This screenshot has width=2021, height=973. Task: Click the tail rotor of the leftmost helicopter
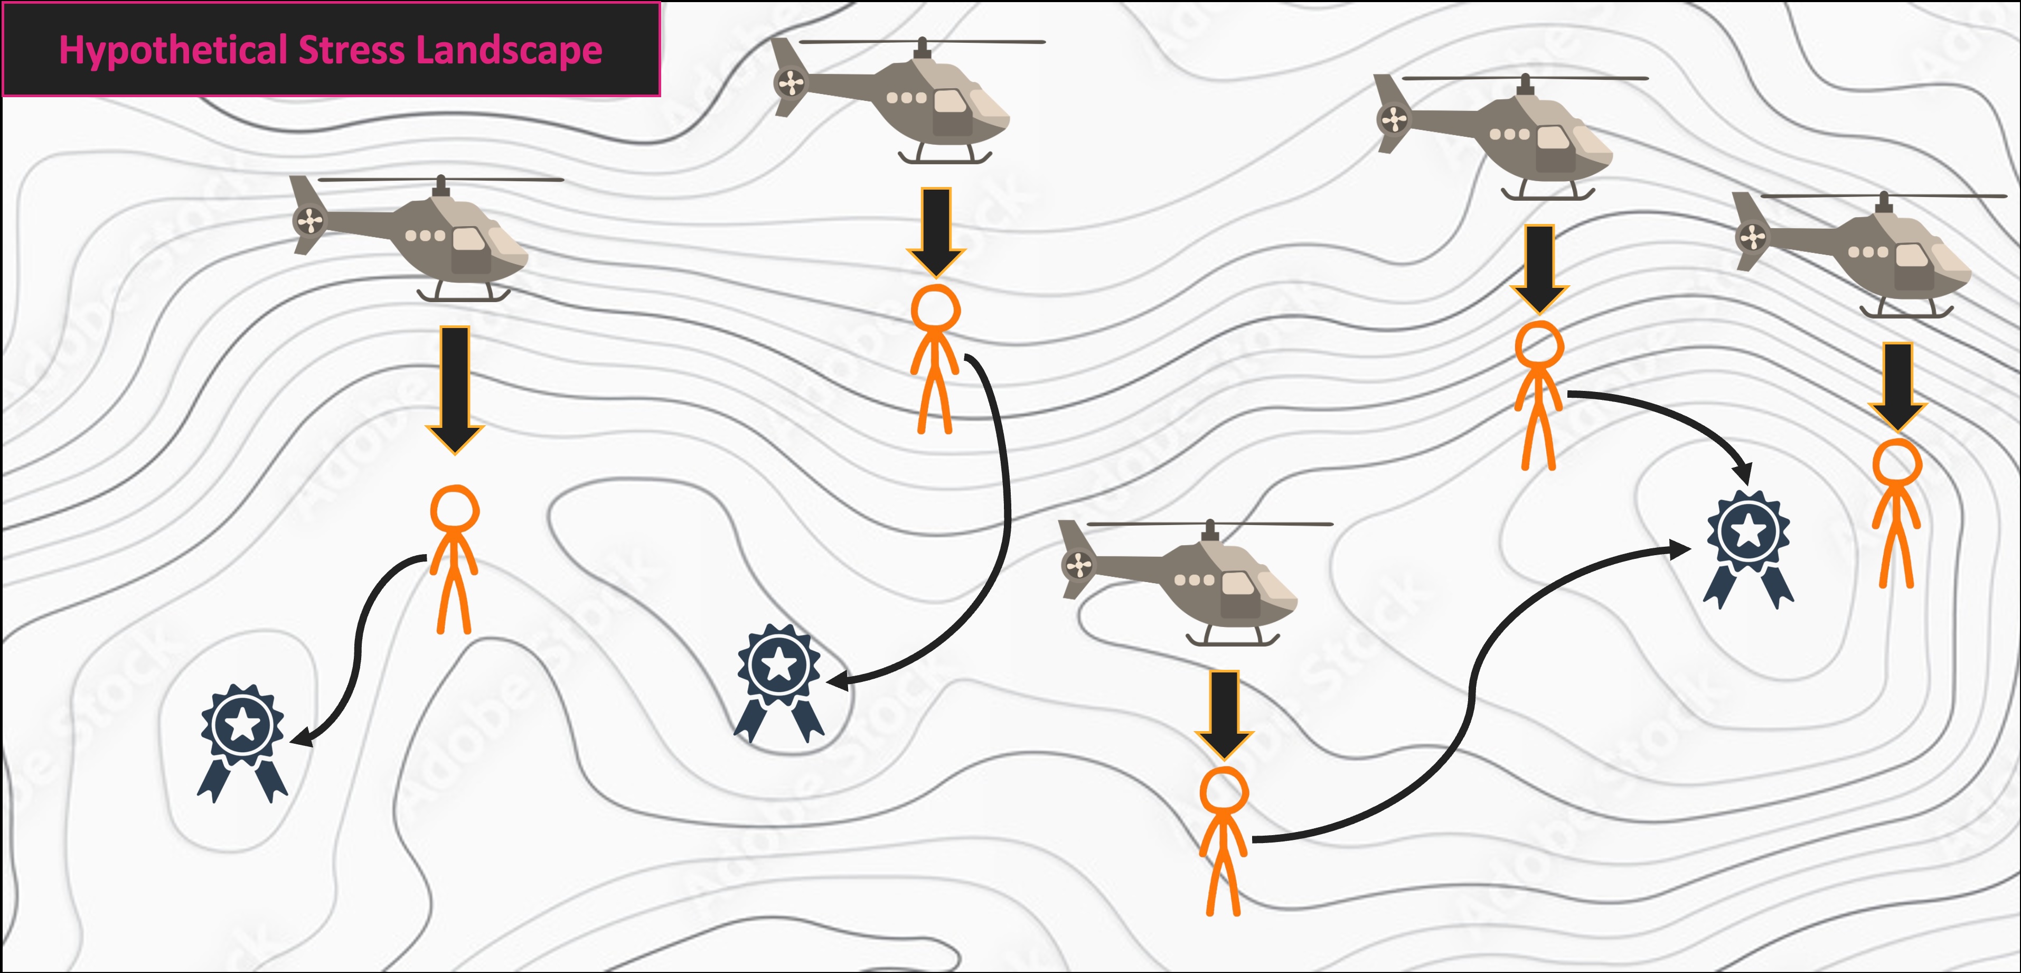pos(309,220)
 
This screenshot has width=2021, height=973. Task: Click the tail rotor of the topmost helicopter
pos(791,82)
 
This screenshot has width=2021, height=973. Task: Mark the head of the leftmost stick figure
pos(454,511)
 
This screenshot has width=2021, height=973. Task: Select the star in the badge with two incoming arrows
pos(1749,531)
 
